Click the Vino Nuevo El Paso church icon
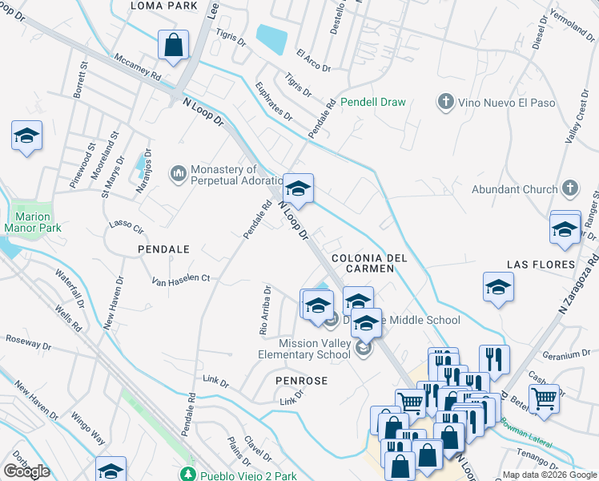point(446,102)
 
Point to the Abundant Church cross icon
point(569,189)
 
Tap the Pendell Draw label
point(372,102)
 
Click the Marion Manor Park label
point(33,222)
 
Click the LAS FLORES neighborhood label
point(541,264)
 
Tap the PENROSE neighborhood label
point(301,381)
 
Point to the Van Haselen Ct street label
point(181,280)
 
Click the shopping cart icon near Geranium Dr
point(545,397)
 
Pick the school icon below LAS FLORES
point(498,287)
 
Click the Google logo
point(26,471)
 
